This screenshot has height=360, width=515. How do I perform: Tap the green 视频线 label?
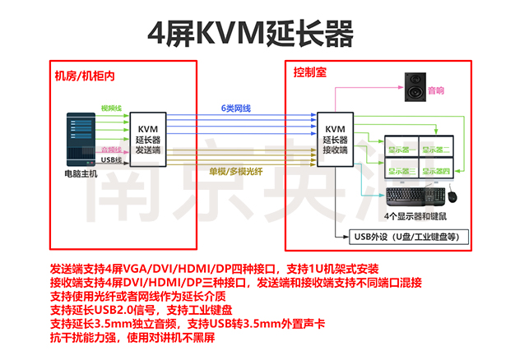(111, 108)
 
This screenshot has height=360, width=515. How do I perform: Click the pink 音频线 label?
(111, 149)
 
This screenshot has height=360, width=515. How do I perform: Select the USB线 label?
(112, 160)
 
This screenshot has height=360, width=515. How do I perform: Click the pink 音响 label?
(435, 90)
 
